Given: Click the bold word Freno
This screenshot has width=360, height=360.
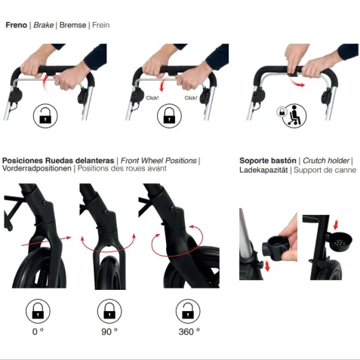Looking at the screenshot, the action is point(16,25).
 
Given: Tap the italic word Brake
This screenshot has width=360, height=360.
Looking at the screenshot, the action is point(44,25).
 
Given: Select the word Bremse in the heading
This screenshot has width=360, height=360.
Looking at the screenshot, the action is point(72,25).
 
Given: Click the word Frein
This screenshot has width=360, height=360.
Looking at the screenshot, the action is point(101,25).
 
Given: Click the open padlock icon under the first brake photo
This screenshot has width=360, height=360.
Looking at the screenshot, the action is point(45,116).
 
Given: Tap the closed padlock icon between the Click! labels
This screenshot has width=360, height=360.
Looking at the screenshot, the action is point(169,116).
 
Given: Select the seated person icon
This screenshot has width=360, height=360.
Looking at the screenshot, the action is point(294,115).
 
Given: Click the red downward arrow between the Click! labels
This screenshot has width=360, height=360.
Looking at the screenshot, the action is point(162,85).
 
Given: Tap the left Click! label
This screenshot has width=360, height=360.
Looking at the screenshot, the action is point(152,97).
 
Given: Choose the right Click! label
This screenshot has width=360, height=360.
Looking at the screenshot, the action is point(191,97).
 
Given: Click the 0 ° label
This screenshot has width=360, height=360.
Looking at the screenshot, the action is point(38,331).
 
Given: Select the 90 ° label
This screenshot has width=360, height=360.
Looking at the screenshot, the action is point(109,331).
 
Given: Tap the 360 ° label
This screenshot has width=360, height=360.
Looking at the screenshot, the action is point(189,331).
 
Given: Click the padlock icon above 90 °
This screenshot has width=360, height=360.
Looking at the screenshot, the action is point(109,311).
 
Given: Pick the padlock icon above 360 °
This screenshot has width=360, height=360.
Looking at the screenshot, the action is point(188,311).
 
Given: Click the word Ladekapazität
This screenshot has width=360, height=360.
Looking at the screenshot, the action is point(263,170).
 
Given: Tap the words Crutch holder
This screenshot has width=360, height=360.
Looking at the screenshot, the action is point(326,161).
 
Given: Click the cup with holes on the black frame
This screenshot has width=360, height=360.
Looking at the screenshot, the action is point(341,242).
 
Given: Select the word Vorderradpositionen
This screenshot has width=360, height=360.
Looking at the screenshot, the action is point(37,168).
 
